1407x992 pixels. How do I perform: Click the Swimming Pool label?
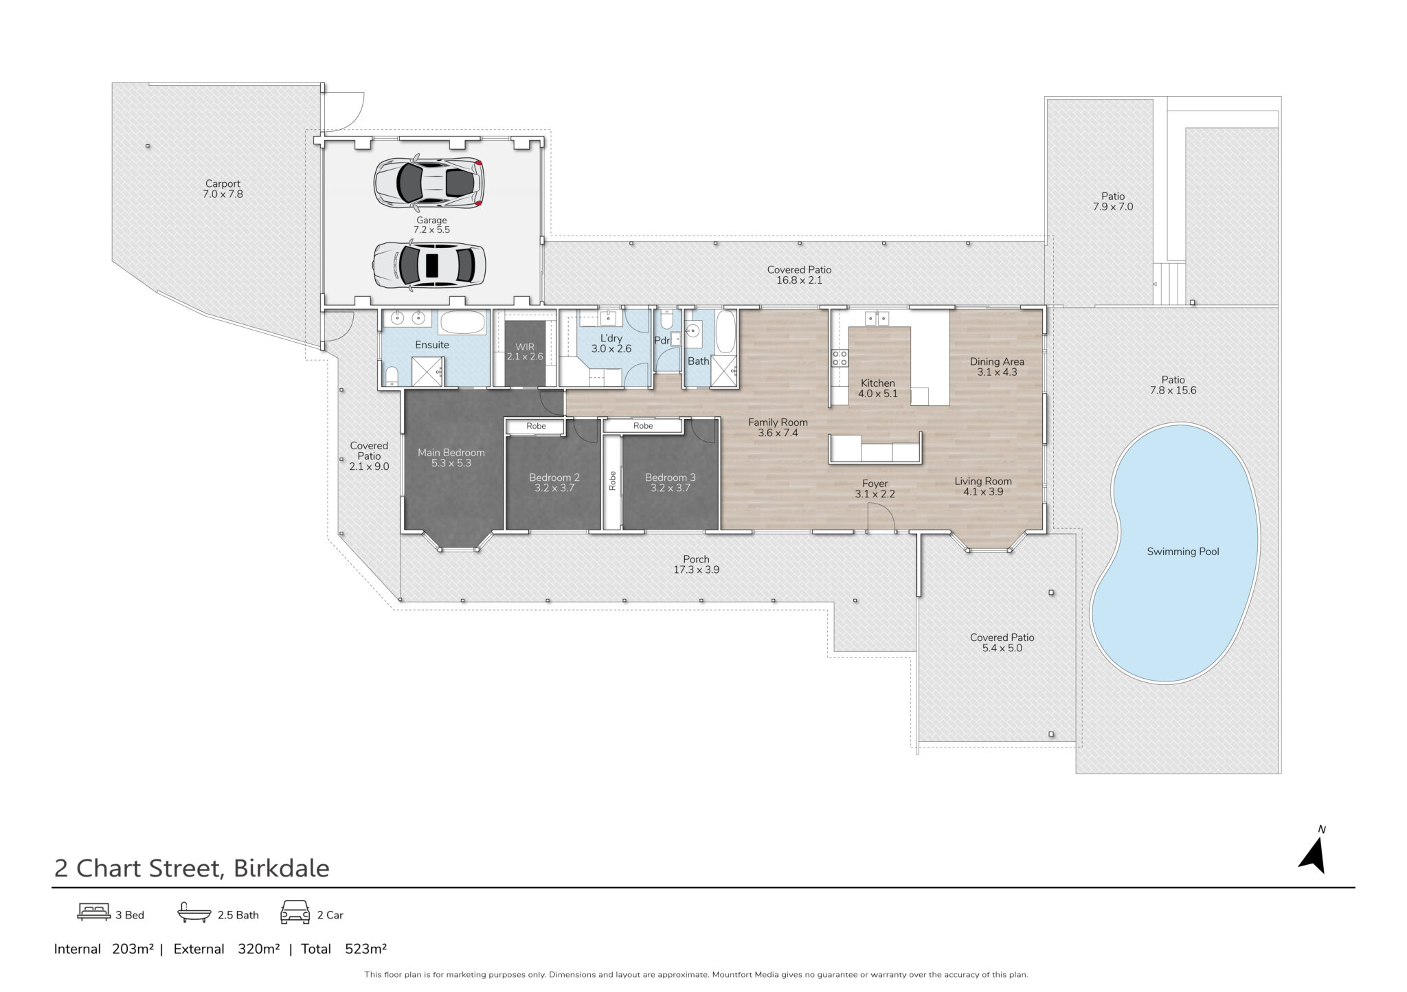pyautogui.click(x=1182, y=552)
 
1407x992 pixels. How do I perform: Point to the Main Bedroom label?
pyautogui.click(x=451, y=453)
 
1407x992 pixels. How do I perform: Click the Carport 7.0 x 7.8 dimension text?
pyautogui.click(x=223, y=194)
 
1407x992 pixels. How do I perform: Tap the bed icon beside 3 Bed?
pyautogui.click(x=94, y=912)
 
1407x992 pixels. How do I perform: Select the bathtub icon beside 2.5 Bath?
pyautogui.click(x=195, y=912)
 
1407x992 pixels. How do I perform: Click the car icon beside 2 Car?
pyautogui.click(x=295, y=912)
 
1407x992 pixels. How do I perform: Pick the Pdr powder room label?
pyautogui.click(x=662, y=341)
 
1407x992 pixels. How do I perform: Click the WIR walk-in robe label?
pyautogui.click(x=524, y=347)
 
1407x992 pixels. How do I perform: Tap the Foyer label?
pyautogui.click(x=875, y=484)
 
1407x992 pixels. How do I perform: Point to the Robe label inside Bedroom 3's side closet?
pyautogui.click(x=612, y=480)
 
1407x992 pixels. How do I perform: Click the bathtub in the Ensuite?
pyautogui.click(x=464, y=323)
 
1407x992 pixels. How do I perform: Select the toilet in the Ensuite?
pyautogui.click(x=392, y=375)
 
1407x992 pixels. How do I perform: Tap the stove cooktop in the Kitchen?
pyautogui.click(x=840, y=357)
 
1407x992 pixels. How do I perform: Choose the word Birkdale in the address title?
pyautogui.click(x=282, y=868)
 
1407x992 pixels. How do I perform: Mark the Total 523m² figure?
pyautogui.click(x=344, y=949)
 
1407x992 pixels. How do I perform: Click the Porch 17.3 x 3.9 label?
pyautogui.click(x=696, y=565)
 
